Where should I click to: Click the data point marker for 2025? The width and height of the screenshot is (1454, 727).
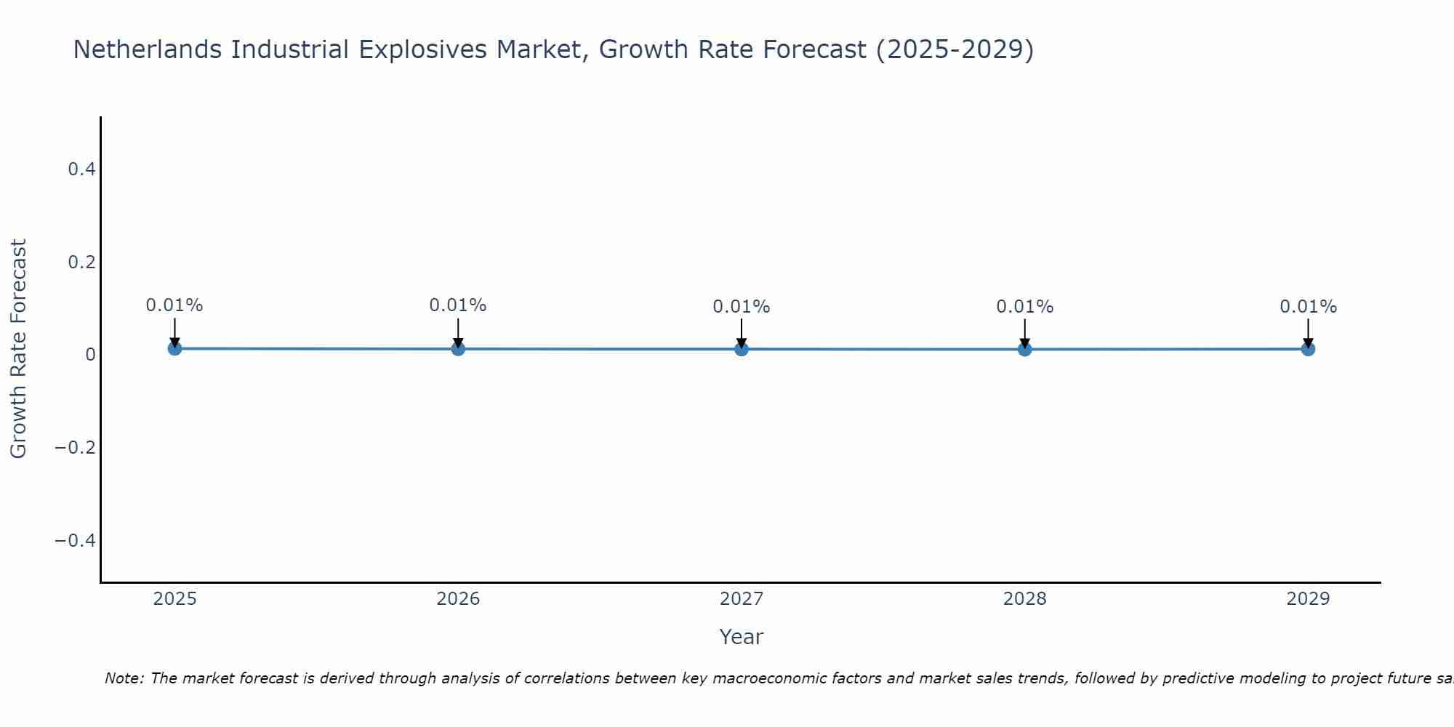click(174, 348)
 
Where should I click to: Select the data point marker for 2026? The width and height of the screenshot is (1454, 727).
click(458, 349)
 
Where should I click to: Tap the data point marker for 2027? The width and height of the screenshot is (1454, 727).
click(742, 349)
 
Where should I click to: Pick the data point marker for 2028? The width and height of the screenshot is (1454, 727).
click(1024, 349)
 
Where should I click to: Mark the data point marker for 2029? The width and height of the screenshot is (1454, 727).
click(1308, 349)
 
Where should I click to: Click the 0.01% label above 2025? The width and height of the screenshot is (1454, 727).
click(174, 305)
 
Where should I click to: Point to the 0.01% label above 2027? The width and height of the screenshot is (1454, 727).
click(742, 307)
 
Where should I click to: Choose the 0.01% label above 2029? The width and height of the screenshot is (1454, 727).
click(1308, 307)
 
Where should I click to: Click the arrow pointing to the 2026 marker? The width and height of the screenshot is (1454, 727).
click(458, 332)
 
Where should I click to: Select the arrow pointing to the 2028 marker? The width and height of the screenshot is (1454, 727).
click(1024, 333)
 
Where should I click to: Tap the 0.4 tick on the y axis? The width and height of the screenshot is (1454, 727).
click(81, 169)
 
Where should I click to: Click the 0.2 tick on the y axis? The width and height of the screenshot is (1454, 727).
click(81, 262)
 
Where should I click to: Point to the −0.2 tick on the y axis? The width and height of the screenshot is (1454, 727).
click(76, 447)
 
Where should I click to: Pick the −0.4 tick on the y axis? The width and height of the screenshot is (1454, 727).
click(76, 540)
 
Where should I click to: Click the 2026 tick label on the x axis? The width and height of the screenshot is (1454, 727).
click(458, 599)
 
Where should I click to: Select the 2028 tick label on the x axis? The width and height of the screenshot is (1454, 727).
click(1024, 599)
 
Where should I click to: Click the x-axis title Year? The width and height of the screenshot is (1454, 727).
click(741, 637)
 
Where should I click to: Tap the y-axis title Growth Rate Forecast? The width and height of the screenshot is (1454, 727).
click(18, 349)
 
